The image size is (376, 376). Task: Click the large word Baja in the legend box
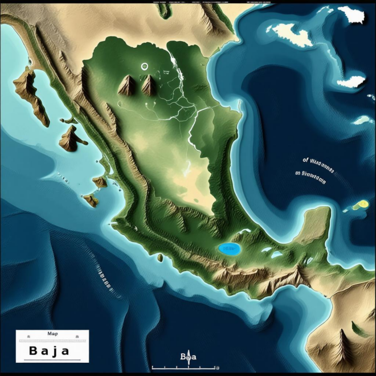click(48, 350)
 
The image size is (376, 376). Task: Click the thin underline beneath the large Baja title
click(52, 359)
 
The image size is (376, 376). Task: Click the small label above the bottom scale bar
click(187, 357)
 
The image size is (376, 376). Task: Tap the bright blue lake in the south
click(229, 249)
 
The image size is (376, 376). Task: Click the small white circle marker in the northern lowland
click(144, 66)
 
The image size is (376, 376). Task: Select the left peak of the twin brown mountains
click(126, 85)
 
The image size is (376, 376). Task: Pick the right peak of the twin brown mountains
click(149, 85)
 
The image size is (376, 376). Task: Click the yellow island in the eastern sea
click(361, 205)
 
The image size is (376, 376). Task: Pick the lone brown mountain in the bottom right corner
click(342, 344)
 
